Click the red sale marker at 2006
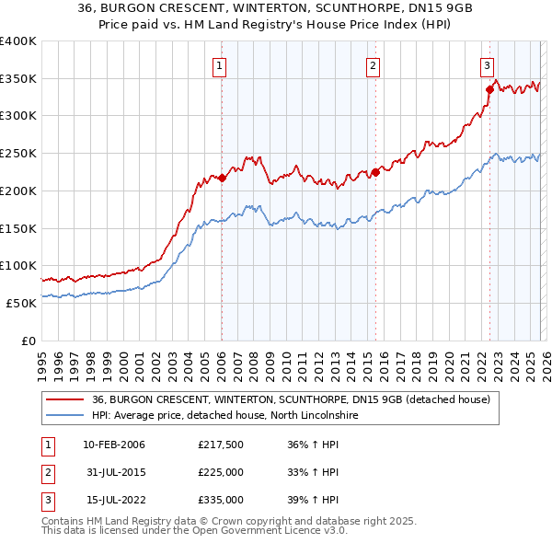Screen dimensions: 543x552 222,178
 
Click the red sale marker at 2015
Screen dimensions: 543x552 375,172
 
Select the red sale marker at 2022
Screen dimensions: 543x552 489,89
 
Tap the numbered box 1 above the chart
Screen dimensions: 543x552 222,65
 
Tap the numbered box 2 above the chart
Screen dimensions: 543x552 373,65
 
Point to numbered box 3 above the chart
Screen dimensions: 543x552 487,65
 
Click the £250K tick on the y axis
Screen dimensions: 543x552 18,153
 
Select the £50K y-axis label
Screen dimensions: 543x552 22,302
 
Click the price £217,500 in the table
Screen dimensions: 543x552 220,445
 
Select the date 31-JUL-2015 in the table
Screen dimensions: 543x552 114,472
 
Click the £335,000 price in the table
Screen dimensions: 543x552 220,500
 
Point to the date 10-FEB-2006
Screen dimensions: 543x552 114,445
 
